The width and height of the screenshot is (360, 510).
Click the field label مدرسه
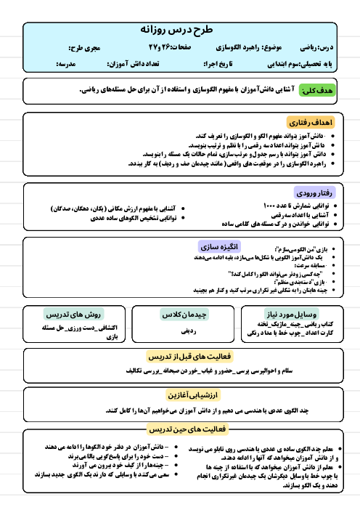[x=67, y=65]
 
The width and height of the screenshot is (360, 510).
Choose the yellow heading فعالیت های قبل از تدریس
[x=179, y=355]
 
